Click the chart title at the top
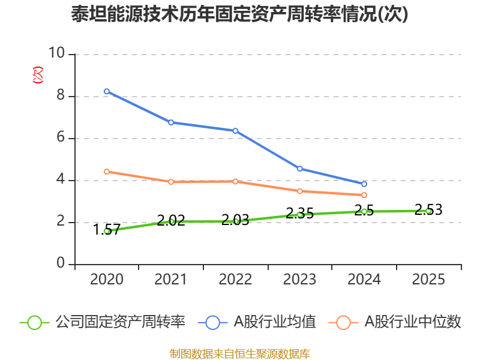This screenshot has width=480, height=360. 239,14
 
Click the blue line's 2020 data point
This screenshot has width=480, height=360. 107,91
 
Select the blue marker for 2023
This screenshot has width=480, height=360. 299,169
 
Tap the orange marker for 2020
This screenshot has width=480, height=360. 107,172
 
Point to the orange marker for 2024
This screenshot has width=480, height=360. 364,195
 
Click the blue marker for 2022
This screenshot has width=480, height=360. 235,131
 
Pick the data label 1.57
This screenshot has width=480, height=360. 106,230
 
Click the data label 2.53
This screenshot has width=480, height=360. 428,209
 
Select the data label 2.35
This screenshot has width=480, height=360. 299,213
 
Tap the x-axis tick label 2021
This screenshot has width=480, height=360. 170,279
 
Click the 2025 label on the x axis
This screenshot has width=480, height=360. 428,279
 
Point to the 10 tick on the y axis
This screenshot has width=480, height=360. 57,53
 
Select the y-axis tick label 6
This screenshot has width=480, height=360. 61,137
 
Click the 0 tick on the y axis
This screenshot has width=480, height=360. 61,263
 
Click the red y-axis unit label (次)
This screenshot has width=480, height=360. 38,75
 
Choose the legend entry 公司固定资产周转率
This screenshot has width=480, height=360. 103,322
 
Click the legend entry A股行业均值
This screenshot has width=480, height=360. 257,322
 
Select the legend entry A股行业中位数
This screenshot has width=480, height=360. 395,322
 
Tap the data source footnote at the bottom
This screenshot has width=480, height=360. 239,354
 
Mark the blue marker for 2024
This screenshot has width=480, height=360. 364,184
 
